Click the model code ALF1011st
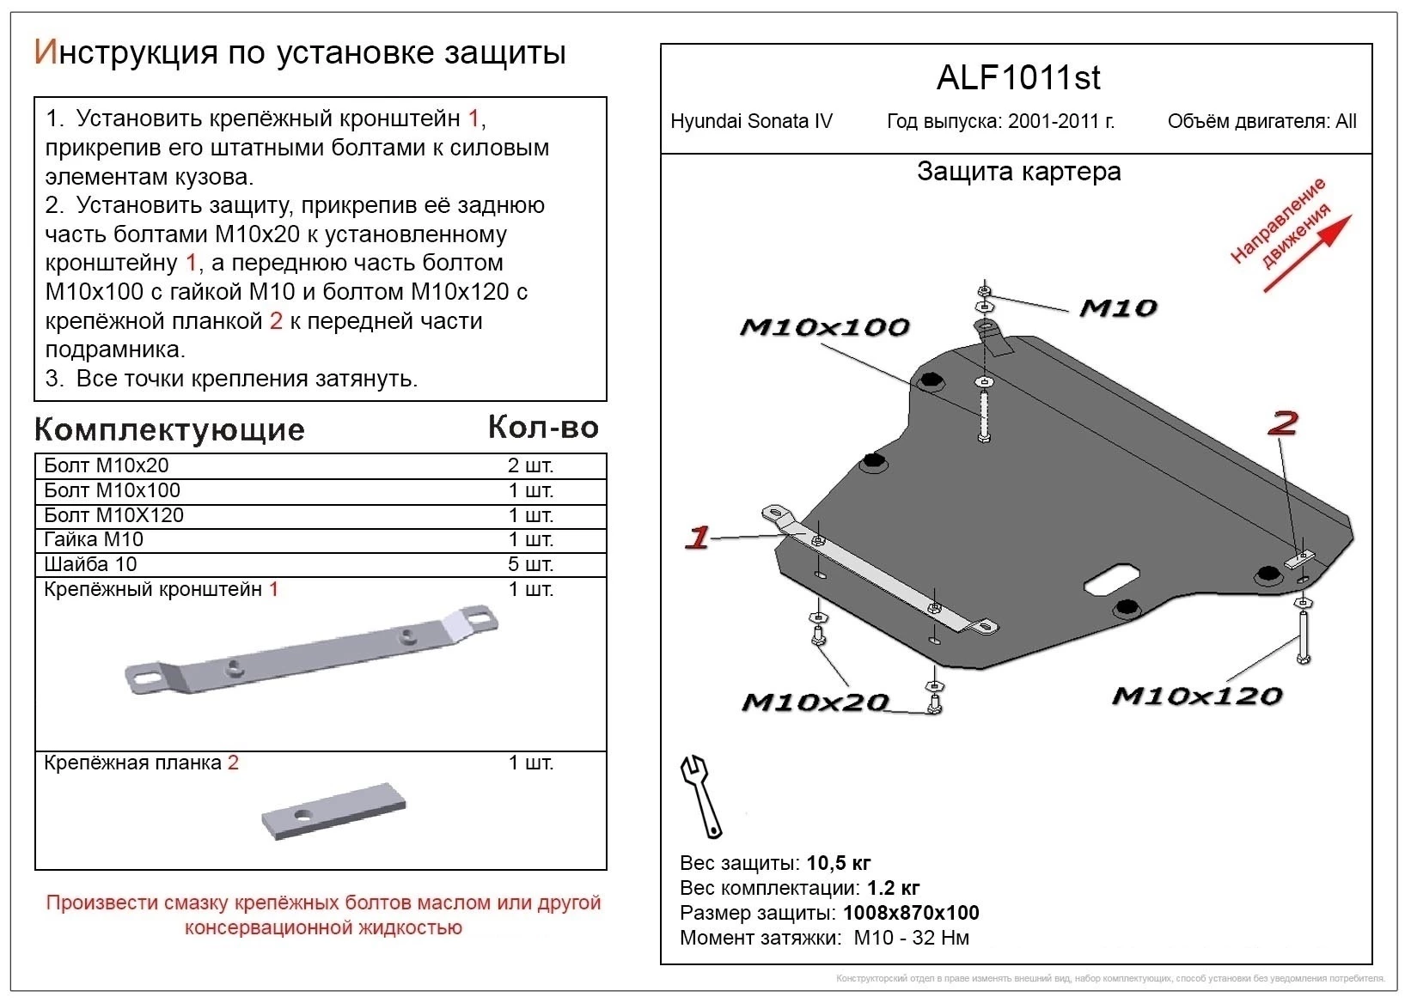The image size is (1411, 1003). [x=1017, y=78]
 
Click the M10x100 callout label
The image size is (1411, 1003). [x=823, y=327]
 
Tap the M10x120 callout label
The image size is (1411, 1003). [x=1196, y=696]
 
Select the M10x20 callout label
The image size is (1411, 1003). [x=814, y=702]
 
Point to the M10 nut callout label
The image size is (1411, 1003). [x=1117, y=308]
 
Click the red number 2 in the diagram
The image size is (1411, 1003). [x=1283, y=422]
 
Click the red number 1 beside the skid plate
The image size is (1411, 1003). [x=697, y=538]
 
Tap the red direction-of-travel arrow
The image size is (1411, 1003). [x=1308, y=253]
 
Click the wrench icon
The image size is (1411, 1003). [x=701, y=795]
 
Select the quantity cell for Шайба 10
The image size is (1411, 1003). [x=530, y=564]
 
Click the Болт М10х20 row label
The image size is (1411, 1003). [x=107, y=465]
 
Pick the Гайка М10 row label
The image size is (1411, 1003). [x=94, y=539]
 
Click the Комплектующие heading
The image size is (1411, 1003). [x=169, y=429]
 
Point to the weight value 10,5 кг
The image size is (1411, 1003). [x=838, y=863]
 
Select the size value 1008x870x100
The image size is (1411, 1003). [x=910, y=913]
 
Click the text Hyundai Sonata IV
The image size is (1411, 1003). [x=751, y=121]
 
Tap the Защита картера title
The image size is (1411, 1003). [x=1018, y=172]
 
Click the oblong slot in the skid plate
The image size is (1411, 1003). [x=1112, y=579]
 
